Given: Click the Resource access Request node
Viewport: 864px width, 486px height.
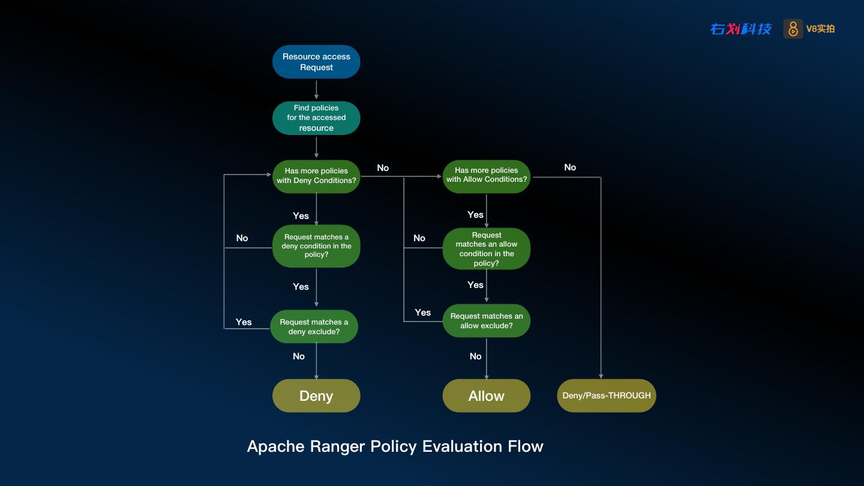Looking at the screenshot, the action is coord(316,62).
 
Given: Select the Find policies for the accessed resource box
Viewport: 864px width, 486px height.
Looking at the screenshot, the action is coord(316,118).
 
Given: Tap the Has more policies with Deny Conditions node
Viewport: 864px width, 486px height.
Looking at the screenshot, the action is coord(316,176).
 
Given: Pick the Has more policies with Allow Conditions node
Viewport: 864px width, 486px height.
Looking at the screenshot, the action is coord(487,176).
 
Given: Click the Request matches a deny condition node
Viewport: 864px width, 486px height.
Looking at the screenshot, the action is coord(316,246).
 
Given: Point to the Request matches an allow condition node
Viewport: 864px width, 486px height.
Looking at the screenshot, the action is coord(487,249).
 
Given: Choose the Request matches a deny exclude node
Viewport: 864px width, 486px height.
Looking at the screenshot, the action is coord(314,326).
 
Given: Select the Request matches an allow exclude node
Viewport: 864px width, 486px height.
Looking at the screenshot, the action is coord(487,320).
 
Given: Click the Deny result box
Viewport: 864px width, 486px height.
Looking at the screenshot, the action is coord(316,396).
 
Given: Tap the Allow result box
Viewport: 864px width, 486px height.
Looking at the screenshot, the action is coord(487,396).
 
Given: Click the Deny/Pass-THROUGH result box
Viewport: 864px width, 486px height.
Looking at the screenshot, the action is coord(607,396).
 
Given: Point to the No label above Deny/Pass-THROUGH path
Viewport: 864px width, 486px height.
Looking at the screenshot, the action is coord(570,167).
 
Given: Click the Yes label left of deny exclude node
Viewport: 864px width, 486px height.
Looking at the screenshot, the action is coord(244,322).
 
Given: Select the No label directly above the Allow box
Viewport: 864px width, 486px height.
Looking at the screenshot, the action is coord(476,356).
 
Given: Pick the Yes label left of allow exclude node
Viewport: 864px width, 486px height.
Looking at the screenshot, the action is coord(423,313).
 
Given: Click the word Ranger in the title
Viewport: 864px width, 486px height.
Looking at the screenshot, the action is coord(337,446).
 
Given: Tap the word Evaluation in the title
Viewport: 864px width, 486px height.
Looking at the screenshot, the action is coord(462,446).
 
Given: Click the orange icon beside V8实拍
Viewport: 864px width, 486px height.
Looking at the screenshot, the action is coord(793,29).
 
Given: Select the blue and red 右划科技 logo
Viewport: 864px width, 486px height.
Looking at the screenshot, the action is coord(741,29).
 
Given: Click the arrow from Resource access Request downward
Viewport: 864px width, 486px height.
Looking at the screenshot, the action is coord(316,90).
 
